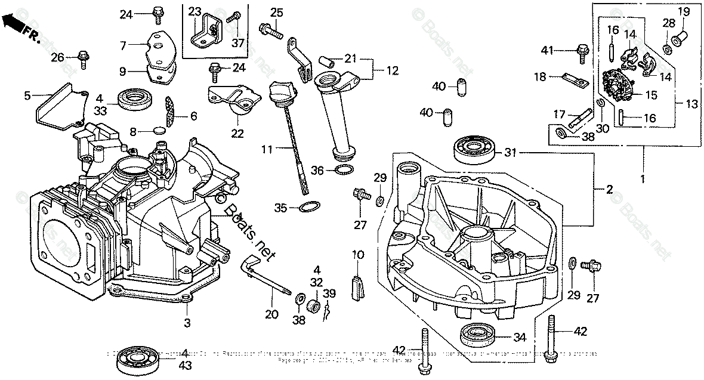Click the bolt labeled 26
click(x=83, y=58)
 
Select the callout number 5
click(x=27, y=95)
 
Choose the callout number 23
click(x=195, y=11)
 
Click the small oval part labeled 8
click(x=159, y=131)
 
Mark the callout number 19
click(x=684, y=11)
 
